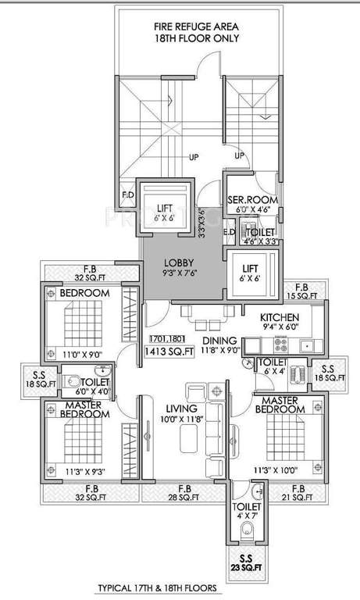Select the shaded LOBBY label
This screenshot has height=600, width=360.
(x=180, y=262)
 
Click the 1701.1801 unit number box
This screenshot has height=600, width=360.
(x=165, y=337)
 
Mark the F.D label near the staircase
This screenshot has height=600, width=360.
(x=128, y=194)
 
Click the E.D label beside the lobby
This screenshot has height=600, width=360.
(x=230, y=232)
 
